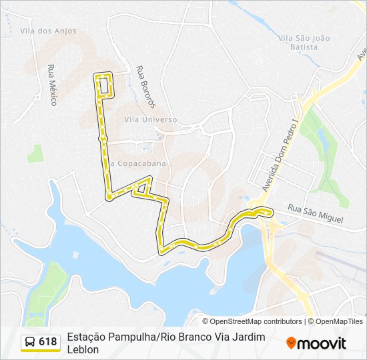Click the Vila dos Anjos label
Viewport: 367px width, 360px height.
click(48, 31)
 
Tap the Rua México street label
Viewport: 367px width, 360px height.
click(51, 85)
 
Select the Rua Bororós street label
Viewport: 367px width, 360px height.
click(145, 87)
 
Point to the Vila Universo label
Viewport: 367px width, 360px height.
click(151, 119)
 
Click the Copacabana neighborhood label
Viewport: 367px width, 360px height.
click(139, 163)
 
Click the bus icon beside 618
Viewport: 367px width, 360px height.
click(30, 342)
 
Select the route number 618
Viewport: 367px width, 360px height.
click(48, 342)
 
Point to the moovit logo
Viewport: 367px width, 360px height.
click(316, 343)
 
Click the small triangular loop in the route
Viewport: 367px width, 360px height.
click(141, 188)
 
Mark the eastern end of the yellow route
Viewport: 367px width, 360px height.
click(271, 213)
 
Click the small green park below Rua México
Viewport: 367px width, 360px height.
click(35, 153)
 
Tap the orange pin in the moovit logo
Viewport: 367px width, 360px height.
click(291, 343)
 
